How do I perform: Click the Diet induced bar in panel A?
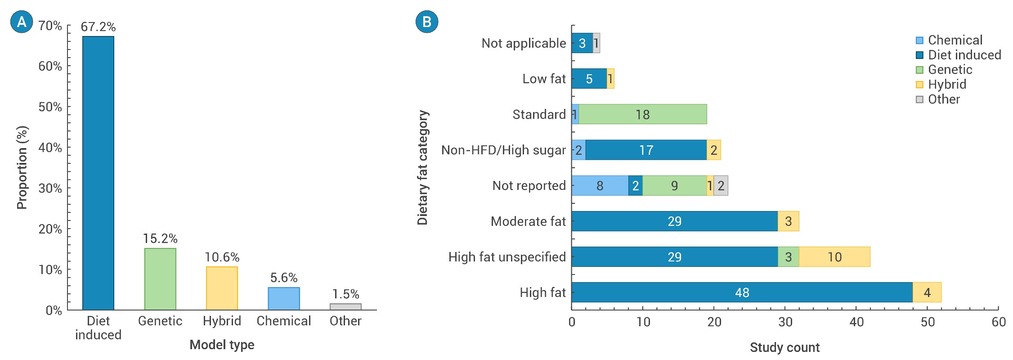click(98, 173)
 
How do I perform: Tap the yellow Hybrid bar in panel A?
click(222, 288)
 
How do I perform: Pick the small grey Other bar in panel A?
click(346, 307)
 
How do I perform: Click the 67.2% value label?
click(98, 28)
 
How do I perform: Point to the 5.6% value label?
click(284, 279)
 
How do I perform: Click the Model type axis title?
click(222, 345)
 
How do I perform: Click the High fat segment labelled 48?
click(742, 292)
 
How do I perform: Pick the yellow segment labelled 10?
click(835, 257)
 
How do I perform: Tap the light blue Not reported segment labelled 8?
click(600, 185)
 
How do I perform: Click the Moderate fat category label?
click(528, 222)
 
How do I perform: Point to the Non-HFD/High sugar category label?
click(503, 150)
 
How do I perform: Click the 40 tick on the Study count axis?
click(856, 321)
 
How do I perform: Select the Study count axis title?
click(784, 347)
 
